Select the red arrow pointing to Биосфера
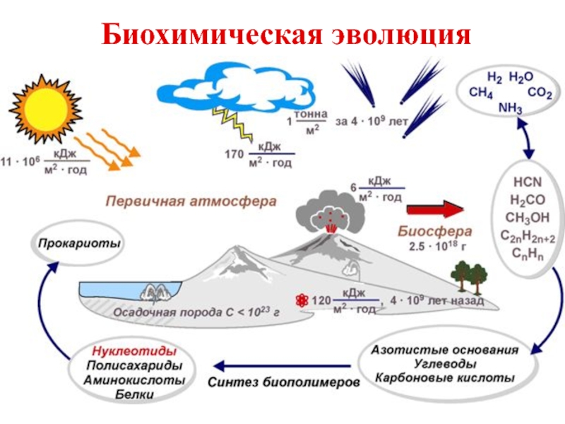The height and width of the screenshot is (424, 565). click(434, 210)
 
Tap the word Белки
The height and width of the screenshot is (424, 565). click(134, 394)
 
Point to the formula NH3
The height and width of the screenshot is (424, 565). click(510, 108)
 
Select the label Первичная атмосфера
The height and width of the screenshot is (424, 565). click(191, 201)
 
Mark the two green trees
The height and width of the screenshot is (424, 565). click(469, 275)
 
